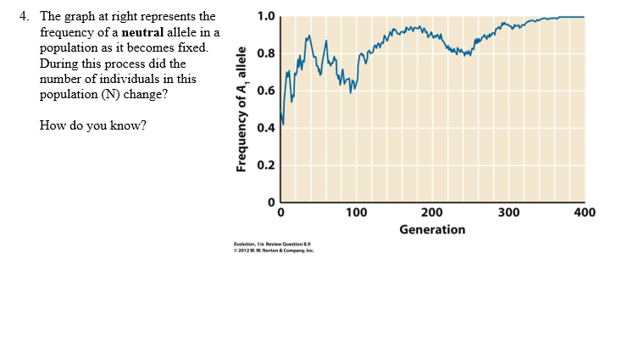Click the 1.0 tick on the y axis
(265, 16)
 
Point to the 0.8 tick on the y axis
(265, 54)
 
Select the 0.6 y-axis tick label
(265, 91)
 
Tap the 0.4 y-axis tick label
(265, 129)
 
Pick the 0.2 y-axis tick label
(265, 166)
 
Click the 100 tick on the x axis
(356, 213)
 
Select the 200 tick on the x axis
(431, 213)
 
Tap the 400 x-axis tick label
(584, 213)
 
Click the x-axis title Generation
(432, 230)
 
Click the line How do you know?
(92, 125)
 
